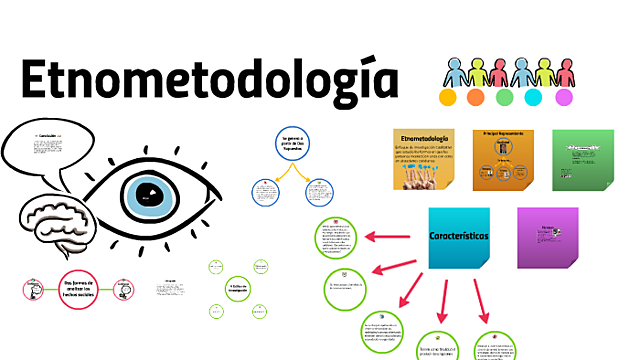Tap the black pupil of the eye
[147, 193]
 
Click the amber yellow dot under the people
[447, 98]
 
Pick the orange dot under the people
[476, 98]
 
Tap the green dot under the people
[505, 98]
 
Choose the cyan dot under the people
[534, 98]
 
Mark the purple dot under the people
[563, 98]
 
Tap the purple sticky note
[547, 237]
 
